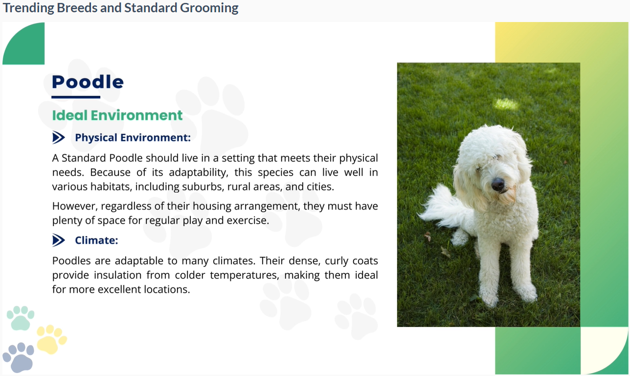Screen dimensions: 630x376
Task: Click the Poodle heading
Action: click(x=88, y=82)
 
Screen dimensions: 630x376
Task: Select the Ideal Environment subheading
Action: click(x=117, y=116)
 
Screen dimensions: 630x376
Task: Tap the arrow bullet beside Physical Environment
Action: click(x=59, y=138)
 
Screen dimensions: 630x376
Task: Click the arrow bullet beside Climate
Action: click(x=59, y=240)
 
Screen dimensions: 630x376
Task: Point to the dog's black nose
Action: click(x=498, y=185)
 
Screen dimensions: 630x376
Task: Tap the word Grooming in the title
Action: click(x=209, y=8)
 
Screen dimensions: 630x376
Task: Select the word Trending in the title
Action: click(x=28, y=8)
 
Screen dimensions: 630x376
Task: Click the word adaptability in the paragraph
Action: click(x=198, y=172)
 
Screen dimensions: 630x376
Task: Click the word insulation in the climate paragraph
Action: click(x=117, y=275)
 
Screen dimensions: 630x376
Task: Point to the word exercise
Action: click(x=248, y=220)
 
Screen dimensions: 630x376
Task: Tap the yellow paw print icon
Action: click(x=52, y=339)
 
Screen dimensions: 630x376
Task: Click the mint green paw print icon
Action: click(x=20, y=318)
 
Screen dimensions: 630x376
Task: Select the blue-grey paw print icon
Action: click(x=19, y=357)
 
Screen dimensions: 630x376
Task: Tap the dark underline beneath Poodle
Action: click(x=76, y=97)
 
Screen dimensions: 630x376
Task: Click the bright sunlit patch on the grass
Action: click(x=506, y=104)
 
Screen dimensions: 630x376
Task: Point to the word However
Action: click(x=75, y=206)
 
